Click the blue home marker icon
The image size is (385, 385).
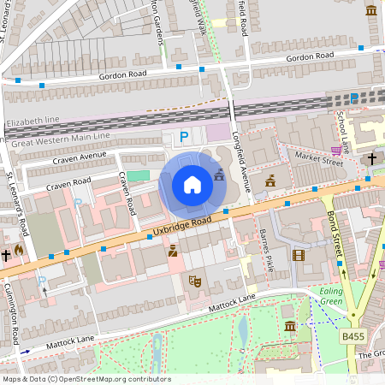pyautogui.click(x=192, y=185)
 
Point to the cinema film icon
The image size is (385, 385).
pyautogui.click(x=298, y=254)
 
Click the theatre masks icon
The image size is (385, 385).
pyautogui.click(x=194, y=279)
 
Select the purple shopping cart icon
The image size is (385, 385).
pyautogui.click(x=337, y=151)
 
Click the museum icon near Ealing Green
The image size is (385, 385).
pyautogui.click(x=290, y=326)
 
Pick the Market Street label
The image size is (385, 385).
pyautogui.click(x=311, y=156)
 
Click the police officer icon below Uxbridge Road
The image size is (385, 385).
pyautogui.click(x=173, y=251)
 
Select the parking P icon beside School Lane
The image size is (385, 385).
pyautogui.click(x=354, y=98)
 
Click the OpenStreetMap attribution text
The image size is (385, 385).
pyautogui.click(x=86, y=378)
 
